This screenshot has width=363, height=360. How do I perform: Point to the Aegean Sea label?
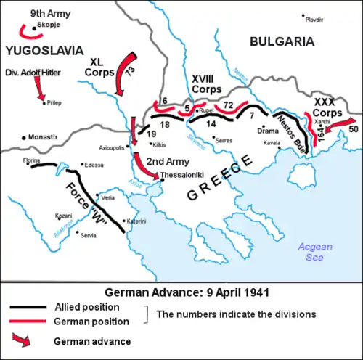(x=316, y=252)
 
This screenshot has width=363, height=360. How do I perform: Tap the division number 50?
(x=353, y=129)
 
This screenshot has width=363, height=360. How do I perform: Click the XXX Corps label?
(x=327, y=108)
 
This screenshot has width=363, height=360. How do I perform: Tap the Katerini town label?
(x=137, y=220)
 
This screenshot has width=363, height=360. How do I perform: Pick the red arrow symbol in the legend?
(x=23, y=340)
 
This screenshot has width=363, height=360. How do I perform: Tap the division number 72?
(x=228, y=105)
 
